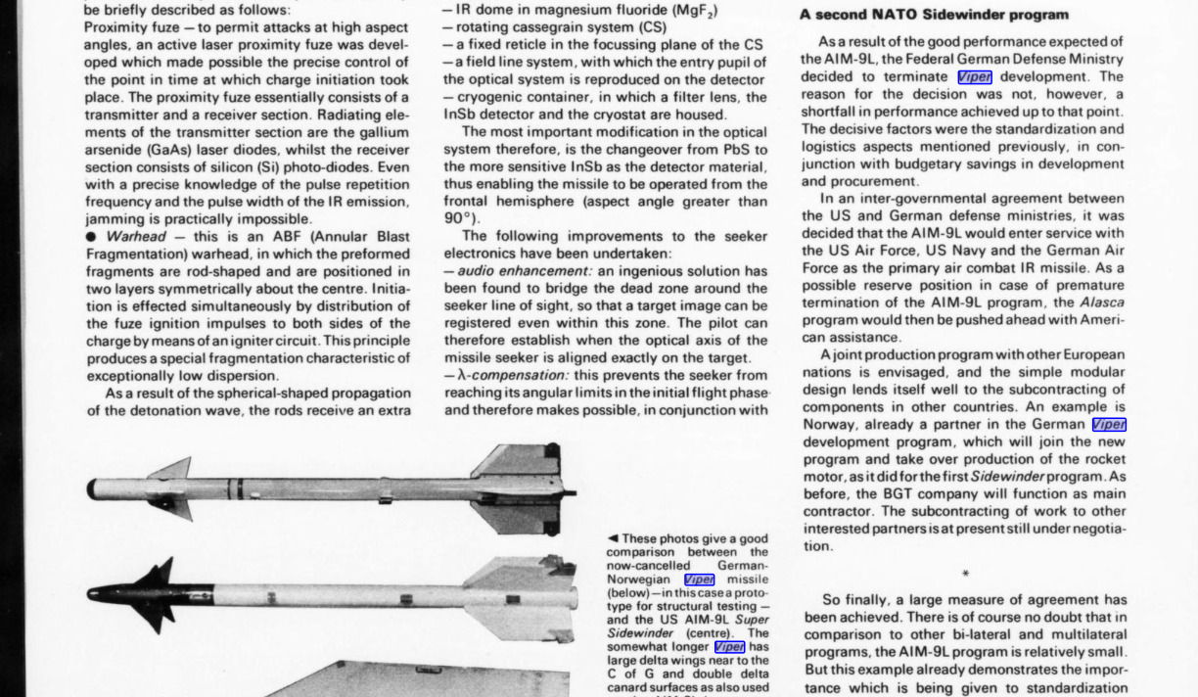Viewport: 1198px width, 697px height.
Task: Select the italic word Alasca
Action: point(1102,302)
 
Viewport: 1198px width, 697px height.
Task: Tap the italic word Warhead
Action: point(136,237)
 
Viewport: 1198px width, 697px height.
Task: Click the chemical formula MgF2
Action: point(692,11)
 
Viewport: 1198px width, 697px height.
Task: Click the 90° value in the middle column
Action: point(456,219)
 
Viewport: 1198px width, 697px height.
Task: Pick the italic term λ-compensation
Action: point(509,376)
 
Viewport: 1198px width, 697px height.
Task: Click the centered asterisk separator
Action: point(965,575)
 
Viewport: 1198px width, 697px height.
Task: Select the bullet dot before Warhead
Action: point(91,237)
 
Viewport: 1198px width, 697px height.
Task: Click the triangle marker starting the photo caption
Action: point(613,538)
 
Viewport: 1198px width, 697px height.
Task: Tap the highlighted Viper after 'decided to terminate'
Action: point(975,77)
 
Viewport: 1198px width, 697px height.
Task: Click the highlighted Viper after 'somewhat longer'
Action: point(729,647)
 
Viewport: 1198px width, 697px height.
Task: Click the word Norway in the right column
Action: point(829,425)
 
